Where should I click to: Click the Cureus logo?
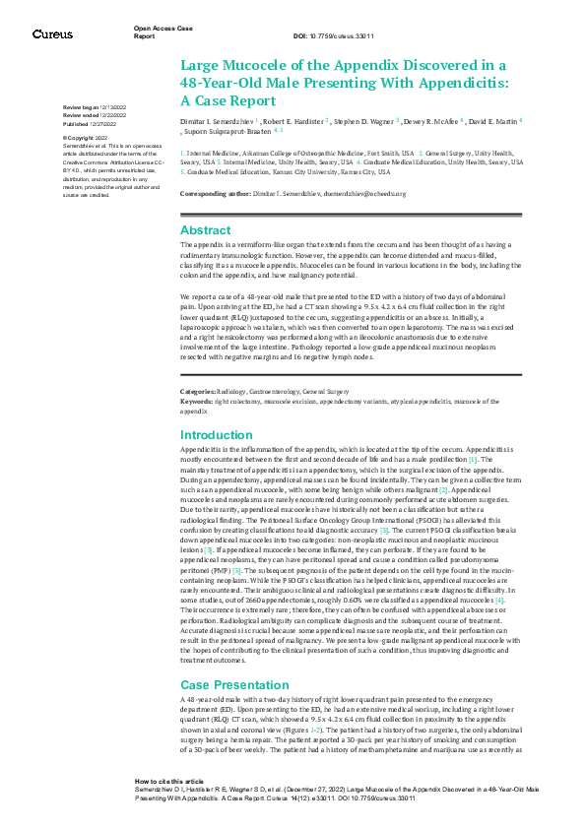point(51,34)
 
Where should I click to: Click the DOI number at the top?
point(320,35)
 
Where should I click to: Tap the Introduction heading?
point(217,434)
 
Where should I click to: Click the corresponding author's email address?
point(364,194)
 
